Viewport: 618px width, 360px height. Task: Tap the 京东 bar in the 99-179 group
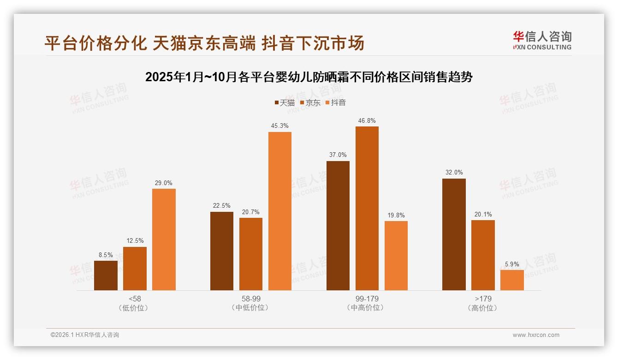(x=367, y=208)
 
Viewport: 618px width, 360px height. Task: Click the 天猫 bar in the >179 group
(x=454, y=234)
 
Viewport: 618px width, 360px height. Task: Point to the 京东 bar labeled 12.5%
(x=135, y=268)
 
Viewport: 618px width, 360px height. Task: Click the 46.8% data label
(x=367, y=121)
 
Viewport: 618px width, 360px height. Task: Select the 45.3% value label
(x=280, y=126)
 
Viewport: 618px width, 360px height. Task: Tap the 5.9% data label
(x=512, y=264)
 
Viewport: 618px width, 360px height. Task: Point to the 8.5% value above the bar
(x=106, y=255)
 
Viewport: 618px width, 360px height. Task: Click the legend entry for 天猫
(x=285, y=102)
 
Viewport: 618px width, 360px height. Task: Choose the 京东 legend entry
(x=310, y=102)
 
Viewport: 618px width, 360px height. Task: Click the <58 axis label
(x=135, y=299)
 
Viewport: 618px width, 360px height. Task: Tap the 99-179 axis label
(x=367, y=299)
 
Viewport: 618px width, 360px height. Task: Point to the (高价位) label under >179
(x=483, y=308)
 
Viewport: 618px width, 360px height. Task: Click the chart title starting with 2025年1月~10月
(x=309, y=77)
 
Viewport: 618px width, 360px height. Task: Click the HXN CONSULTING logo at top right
(x=542, y=41)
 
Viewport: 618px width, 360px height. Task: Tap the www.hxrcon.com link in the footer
(x=536, y=335)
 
